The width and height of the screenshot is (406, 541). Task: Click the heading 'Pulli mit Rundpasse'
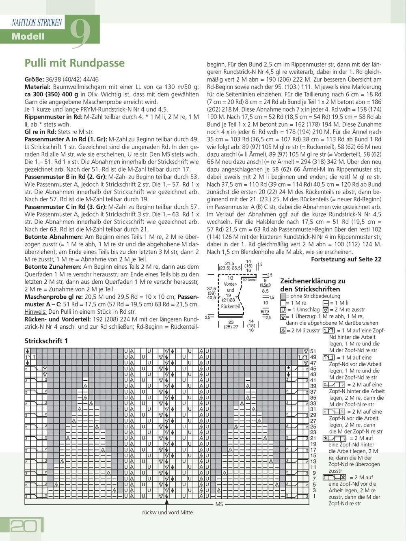tap(74, 63)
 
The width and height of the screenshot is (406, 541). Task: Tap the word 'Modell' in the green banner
tap(28, 37)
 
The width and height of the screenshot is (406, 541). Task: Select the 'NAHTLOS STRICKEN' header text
tap(37, 22)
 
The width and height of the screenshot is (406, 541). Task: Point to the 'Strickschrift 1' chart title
tap(46, 341)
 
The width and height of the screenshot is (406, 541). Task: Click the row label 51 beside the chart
tap(313, 351)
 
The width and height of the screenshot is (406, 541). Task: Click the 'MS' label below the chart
tap(219, 504)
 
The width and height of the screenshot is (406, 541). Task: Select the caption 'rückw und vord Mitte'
tap(167, 513)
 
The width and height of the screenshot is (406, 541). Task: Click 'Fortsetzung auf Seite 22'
tap(346, 259)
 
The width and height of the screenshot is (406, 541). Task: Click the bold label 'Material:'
tap(38, 87)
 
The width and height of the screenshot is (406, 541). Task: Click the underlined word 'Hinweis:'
tap(36, 312)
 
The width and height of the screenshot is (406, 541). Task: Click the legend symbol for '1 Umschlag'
tap(283, 310)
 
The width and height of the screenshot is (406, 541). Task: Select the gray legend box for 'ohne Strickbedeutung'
tap(283, 297)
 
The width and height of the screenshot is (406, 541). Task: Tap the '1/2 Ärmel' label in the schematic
tap(249, 280)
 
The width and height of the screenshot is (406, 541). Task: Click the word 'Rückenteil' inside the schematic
tap(230, 306)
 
